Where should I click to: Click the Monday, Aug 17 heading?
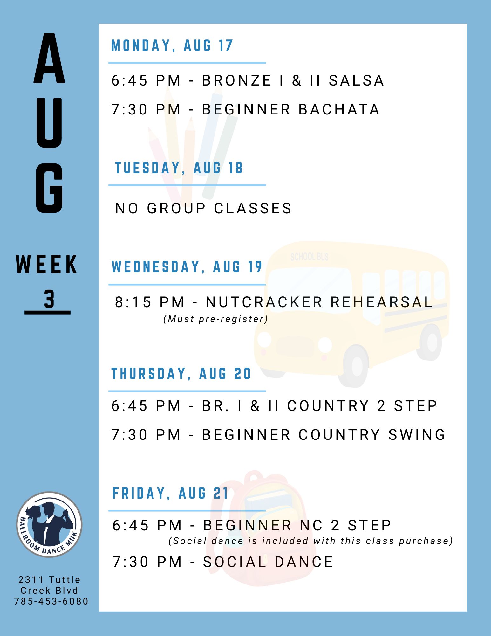coord(172,45)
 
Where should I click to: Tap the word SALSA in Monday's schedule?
coord(356,80)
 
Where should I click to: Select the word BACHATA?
coord(339,109)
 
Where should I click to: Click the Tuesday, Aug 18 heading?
coord(179,168)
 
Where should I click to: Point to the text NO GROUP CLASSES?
coord(203,208)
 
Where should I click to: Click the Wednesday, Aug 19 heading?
coord(187,266)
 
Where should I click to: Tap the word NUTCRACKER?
coord(264,302)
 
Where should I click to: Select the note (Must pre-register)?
coord(216,319)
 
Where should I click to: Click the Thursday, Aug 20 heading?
coord(181,373)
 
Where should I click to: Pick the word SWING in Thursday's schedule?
coord(417,435)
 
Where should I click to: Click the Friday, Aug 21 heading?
coord(170,493)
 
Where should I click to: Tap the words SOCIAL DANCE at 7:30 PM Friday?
coord(268,562)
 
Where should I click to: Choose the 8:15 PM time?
coord(150,302)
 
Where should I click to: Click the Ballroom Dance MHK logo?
coord(49,524)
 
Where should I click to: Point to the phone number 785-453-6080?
coord(51,601)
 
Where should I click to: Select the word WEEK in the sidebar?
coord(47,264)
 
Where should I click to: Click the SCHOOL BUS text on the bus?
coord(309,257)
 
